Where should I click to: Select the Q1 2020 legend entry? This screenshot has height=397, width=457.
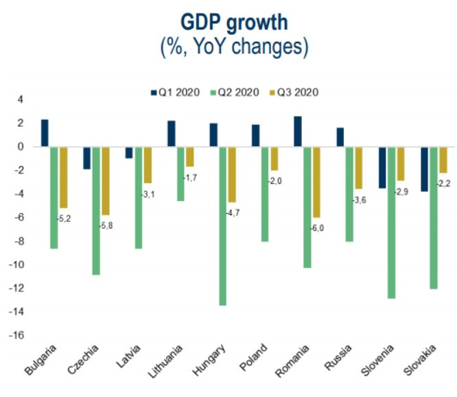(x=176, y=92)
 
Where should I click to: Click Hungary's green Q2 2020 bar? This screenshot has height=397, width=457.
(x=223, y=226)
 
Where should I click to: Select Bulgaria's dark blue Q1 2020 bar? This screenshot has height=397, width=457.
(x=45, y=133)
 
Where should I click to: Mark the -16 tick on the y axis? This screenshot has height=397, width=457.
(x=16, y=335)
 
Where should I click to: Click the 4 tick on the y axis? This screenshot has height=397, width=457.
(x=20, y=99)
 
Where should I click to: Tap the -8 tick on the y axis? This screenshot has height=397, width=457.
(x=18, y=241)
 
